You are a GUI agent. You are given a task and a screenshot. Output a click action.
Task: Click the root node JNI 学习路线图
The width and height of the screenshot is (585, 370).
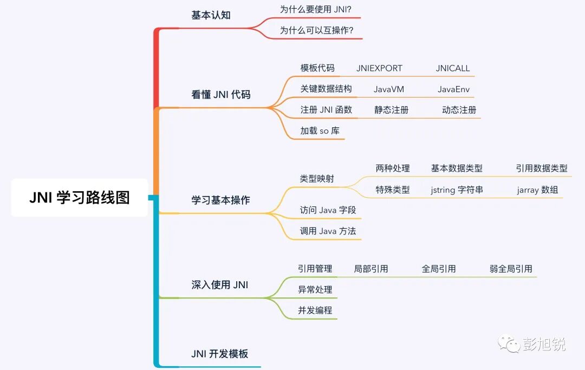pos(80,198)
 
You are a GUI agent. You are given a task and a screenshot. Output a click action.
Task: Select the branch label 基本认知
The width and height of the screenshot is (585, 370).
pos(211,15)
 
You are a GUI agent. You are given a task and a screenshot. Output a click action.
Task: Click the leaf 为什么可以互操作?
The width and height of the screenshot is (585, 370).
pos(316,30)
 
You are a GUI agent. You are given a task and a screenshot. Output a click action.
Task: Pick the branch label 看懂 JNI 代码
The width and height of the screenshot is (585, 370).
pos(220,95)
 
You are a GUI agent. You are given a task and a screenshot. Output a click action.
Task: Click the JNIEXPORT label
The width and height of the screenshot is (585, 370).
pos(379,68)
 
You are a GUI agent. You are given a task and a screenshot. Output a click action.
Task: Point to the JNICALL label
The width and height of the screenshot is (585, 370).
pos(453,68)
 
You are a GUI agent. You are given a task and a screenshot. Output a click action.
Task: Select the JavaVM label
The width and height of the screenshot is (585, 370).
pos(388,89)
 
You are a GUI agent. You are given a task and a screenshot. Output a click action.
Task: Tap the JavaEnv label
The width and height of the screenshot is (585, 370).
pos(453,89)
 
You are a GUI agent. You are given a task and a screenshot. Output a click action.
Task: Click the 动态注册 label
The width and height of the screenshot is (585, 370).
pos(459,110)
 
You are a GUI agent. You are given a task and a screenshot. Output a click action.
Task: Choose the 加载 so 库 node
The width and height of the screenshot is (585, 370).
pos(320,131)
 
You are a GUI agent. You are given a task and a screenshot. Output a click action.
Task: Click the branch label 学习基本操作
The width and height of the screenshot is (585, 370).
pos(220,200)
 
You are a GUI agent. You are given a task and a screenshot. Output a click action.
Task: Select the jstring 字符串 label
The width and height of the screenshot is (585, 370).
pos(457,190)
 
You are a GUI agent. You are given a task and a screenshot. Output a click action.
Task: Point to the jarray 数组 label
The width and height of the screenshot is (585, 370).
pos(537,190)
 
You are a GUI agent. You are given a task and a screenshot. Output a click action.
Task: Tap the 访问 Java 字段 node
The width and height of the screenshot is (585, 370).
pos(328,210)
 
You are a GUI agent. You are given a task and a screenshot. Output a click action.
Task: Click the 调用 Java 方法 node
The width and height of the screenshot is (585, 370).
pos(328,231)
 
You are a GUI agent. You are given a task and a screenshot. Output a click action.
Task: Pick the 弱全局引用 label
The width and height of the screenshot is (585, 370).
pos(511,269)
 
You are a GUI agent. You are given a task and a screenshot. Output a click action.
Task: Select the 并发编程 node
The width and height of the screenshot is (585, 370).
pos(315,310)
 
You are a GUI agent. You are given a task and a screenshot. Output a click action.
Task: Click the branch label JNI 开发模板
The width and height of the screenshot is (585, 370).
pos(219,354)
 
